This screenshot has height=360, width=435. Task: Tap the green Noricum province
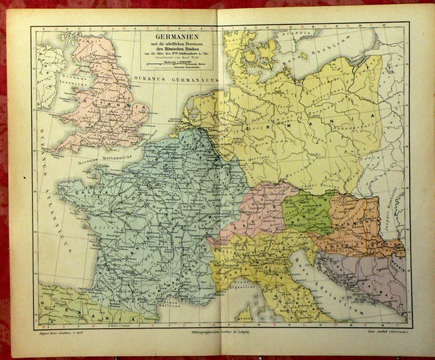point(307,211)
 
